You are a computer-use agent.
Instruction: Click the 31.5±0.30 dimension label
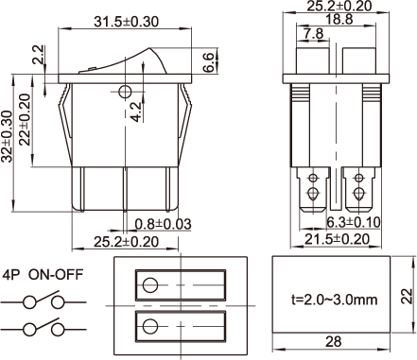coord(126,22)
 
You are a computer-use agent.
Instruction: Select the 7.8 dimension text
coord(314,33)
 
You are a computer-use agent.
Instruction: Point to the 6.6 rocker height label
coord(208,62)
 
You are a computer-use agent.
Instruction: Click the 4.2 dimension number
coord(136,112)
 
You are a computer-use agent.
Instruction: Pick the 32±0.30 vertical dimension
coord(7,136)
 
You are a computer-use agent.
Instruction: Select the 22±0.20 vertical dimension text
coord(25,120)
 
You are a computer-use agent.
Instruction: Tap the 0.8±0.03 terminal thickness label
coord(163,224)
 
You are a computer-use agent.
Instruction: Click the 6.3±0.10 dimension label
coord(353,222)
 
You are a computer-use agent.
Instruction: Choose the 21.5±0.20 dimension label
coord(337,239)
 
